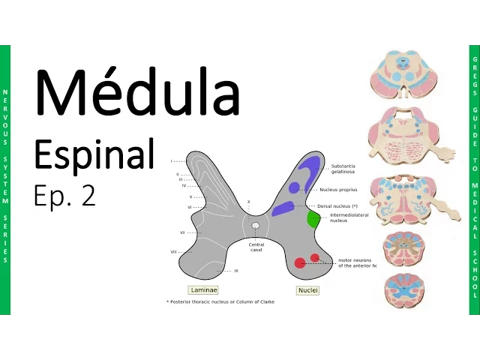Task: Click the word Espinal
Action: coord(94,154)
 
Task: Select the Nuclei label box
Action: coord(307,289)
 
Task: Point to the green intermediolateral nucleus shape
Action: coord(314,219)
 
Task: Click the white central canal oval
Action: coord(256,225)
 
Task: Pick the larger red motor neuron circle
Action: coord(299,262)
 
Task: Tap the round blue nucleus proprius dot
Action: coord(295,187)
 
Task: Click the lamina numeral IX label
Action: coord(236,271)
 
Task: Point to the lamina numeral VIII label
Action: coord(174,252)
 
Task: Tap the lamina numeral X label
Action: coord(248,202)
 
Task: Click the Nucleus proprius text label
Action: coord(343,190)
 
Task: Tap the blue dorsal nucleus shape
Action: coord(283,208)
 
